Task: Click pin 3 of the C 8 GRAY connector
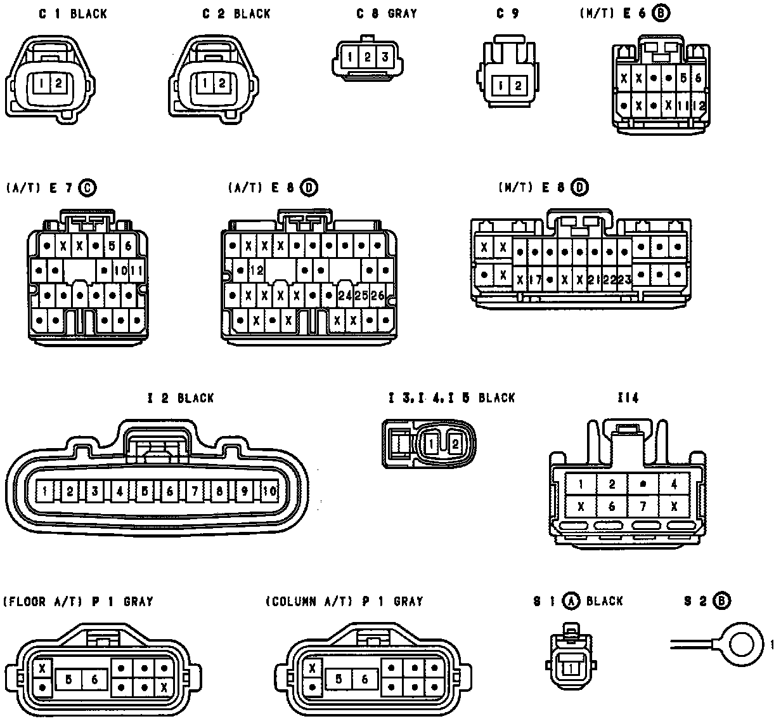point(384,57)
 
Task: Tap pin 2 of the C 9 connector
point(517,86)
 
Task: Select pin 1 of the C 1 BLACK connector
point(41,83)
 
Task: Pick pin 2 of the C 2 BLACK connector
point(221,83)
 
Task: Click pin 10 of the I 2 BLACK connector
point(269,491)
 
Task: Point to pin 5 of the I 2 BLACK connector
point(145,491)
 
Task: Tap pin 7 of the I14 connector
point(643,506)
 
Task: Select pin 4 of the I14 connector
point(674,484)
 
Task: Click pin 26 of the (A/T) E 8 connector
point(377,295)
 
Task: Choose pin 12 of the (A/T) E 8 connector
point(256,270)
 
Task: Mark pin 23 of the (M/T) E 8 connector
point(624,279)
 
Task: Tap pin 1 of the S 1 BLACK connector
point(572,668)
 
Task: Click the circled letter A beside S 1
point(572,601)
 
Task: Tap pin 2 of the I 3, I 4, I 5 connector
point(454,444)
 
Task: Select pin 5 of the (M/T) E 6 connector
point(683,79)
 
